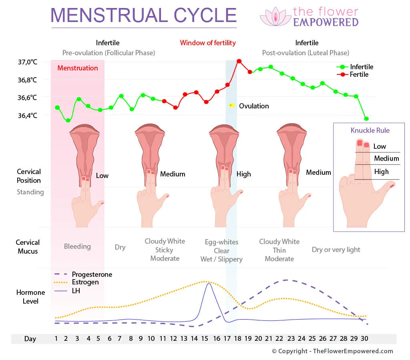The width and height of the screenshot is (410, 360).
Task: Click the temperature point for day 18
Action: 239,61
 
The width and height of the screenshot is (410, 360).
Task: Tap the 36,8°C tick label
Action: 27,80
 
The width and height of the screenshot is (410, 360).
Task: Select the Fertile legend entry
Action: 359,74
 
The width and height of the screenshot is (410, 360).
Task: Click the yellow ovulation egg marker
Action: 231,105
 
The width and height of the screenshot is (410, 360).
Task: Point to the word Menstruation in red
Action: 77,68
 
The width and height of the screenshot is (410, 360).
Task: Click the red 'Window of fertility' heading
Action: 208,43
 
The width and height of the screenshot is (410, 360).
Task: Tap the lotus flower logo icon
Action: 275,17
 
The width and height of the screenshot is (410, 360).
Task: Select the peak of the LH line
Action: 208,283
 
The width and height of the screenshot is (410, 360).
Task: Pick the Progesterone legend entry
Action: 92,274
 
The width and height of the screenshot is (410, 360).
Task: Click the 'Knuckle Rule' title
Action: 370,130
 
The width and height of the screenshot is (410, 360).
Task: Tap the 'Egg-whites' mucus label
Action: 221,242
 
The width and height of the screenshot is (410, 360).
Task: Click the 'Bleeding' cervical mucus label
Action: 77,246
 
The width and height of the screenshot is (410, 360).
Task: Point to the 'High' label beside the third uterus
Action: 243,174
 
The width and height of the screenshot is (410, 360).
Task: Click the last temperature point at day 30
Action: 366,119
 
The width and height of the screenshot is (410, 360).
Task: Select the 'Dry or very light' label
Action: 336,250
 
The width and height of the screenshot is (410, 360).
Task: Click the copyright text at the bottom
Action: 332,351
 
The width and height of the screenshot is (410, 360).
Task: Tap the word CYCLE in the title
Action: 205,15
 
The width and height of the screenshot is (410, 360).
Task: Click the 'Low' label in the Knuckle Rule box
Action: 380,146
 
